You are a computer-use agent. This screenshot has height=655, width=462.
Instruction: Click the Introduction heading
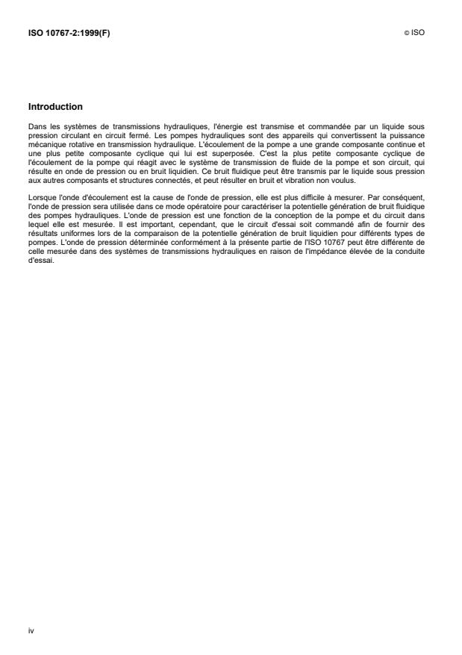(x=55, y=107)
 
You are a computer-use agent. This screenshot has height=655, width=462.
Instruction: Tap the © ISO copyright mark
(x=416, y=34)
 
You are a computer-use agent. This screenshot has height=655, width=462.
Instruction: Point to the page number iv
(x=31, y=631)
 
